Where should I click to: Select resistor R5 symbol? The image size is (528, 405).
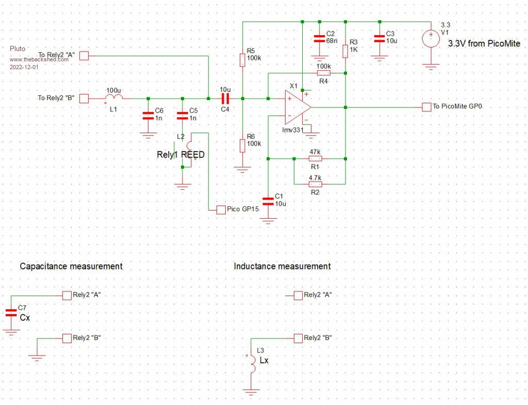242,60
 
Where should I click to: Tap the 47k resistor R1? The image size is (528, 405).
315,158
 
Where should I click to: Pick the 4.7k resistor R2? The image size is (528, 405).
315,184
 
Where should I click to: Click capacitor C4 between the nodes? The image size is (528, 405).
225,98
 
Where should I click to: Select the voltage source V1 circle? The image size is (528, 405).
431,38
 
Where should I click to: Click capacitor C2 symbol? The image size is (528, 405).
319,39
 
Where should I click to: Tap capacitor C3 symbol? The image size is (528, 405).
379,38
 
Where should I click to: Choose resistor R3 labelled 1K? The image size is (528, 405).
345,51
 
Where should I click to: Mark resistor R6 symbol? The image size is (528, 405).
242,145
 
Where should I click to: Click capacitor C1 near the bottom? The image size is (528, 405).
268,200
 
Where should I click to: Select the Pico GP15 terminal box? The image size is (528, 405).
220,209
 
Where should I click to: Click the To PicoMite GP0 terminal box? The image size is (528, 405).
426,107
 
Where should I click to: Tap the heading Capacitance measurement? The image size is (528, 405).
71,266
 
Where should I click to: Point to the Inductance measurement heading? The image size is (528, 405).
282,266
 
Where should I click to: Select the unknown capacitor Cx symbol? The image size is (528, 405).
11,312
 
